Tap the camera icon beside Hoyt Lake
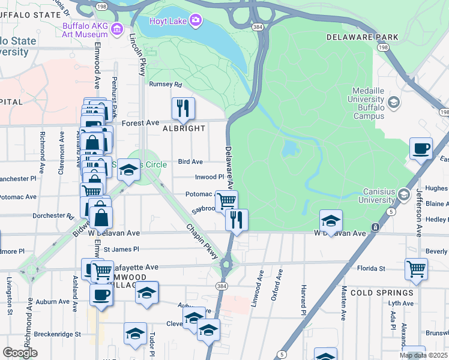click(x=196, y=22)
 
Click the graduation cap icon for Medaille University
click(x=394, y=101)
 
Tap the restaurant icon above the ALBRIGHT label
click(x=183, y=109)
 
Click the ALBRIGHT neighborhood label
click(x=184, y=128)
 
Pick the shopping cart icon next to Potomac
click(x=226, y=201)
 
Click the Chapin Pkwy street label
click(x=201, y=241)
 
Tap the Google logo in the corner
click(x=20, y=353)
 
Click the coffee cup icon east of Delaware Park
click(x=421, y=148)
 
